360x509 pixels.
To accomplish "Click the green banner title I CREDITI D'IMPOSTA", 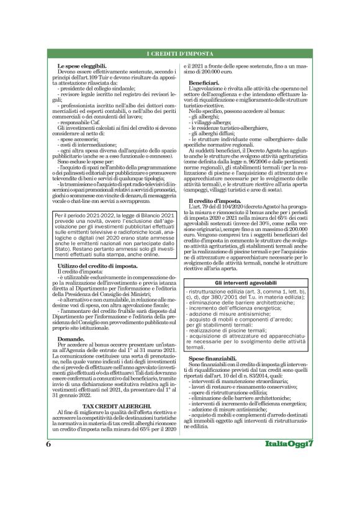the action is coord(180,54).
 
